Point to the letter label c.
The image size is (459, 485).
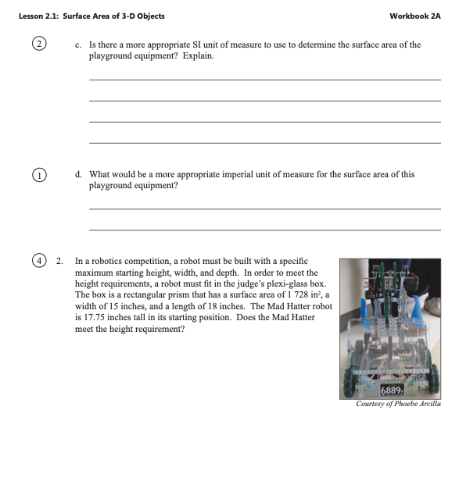tap(78, 45)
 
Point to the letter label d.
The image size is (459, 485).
tap(78, 174)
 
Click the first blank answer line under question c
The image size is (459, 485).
tap(265, 80)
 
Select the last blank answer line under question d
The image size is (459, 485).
tap(265, 230)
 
